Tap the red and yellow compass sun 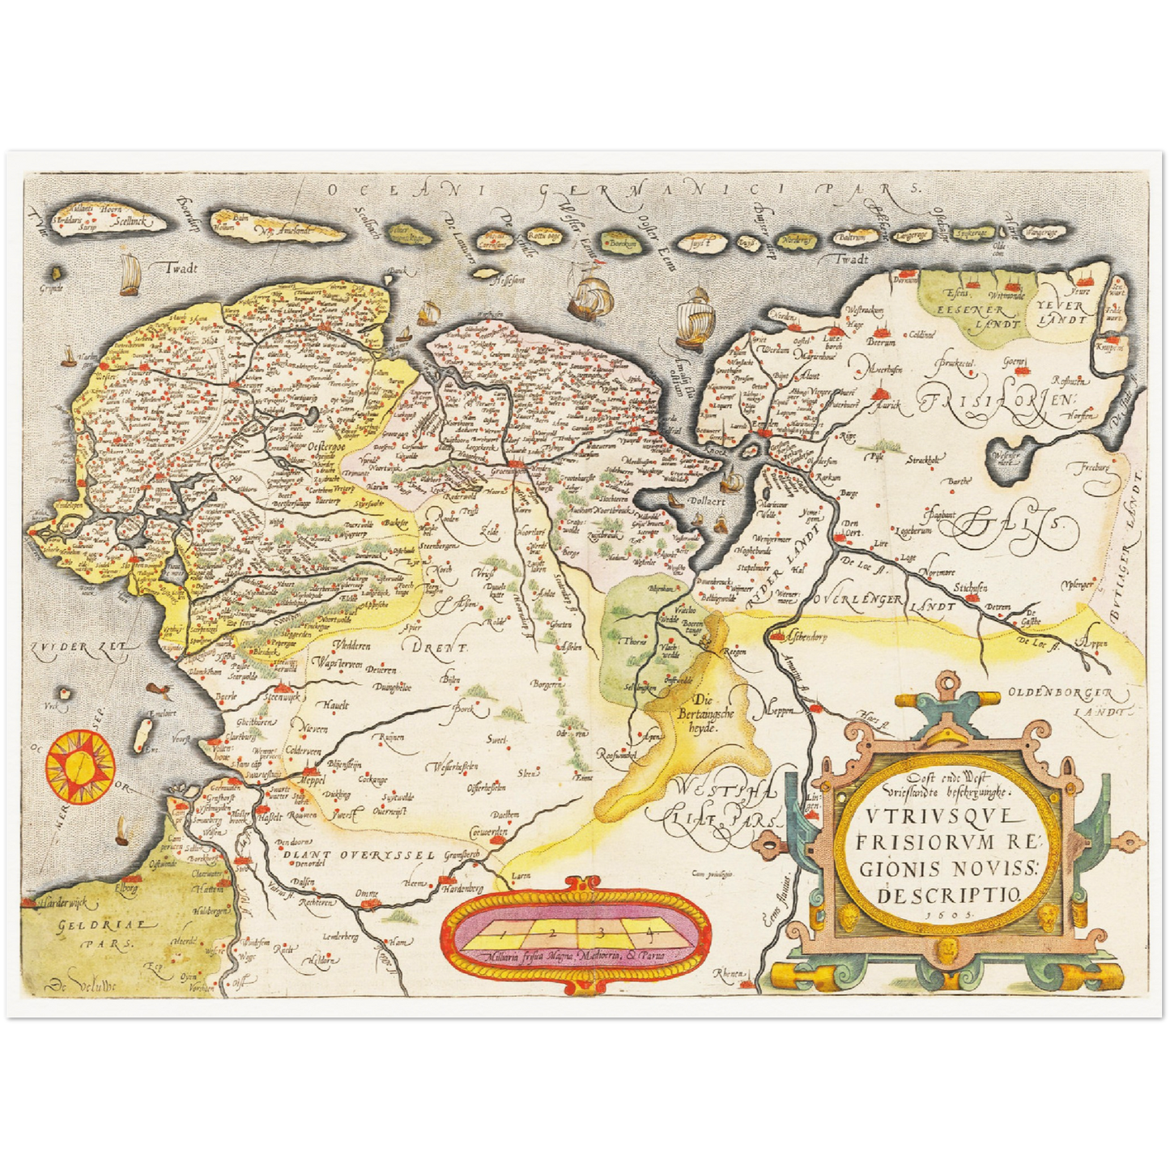click(x=79, y=762)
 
